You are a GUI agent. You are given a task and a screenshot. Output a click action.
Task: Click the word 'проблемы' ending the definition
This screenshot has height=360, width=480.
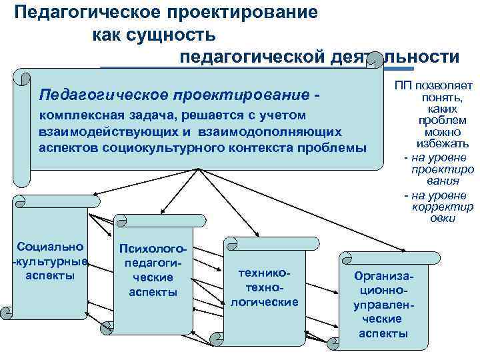pos(336,147)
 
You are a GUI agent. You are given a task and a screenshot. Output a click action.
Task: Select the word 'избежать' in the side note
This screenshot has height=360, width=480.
pos(437,144)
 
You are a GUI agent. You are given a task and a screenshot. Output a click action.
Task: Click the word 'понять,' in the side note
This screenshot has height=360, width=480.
pos(437,97)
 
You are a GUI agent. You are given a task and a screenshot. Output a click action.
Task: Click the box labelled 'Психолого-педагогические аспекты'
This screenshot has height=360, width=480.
pos(153,280)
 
